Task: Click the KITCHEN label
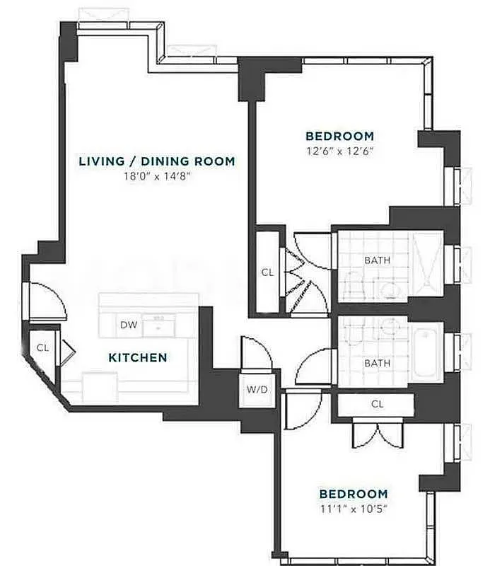tap(138, 358)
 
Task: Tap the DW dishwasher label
tap(128, 325)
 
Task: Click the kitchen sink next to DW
tap(158, 326)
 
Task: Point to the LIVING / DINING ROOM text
tap(156, 161)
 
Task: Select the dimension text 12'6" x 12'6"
tap(339, 151)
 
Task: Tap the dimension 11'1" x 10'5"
tap(353, 509)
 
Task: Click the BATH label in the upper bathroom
tap(377, 260)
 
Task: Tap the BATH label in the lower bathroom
tap(377, 363)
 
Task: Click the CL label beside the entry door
tap(42, 347)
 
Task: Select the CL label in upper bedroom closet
tap(267, 272)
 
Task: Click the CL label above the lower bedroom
tap(377, 404)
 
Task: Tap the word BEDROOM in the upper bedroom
tap(339, 136)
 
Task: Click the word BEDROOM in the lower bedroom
tap(353, 494)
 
